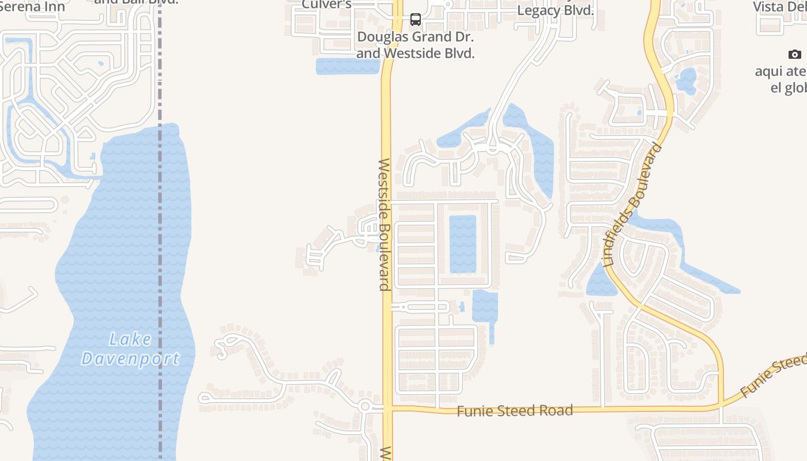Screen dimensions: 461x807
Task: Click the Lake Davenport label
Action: [130, 349]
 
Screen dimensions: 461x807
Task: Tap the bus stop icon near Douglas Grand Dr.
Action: [415, 20]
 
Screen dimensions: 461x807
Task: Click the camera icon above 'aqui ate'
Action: [794, 55]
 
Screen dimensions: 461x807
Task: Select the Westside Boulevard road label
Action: [385, 225]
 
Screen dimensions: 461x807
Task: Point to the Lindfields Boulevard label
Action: [632, 205]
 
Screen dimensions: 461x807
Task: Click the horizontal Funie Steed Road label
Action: [515, 410]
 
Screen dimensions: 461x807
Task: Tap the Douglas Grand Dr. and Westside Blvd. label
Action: [415, 45]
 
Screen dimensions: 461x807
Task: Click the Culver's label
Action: [326, 5]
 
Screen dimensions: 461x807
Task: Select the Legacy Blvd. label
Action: [555, 10]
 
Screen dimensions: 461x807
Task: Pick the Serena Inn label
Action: [33, 7]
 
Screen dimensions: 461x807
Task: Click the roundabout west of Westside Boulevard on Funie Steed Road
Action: [364, 407]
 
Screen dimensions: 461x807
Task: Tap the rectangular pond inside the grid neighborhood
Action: [462, 243]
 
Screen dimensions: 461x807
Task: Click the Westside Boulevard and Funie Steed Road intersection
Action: [387, 409]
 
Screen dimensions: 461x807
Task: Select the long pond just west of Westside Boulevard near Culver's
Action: [347, 66]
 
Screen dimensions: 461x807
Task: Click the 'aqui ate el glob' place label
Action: [781, 80]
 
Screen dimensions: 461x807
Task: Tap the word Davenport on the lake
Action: [130, 359]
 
